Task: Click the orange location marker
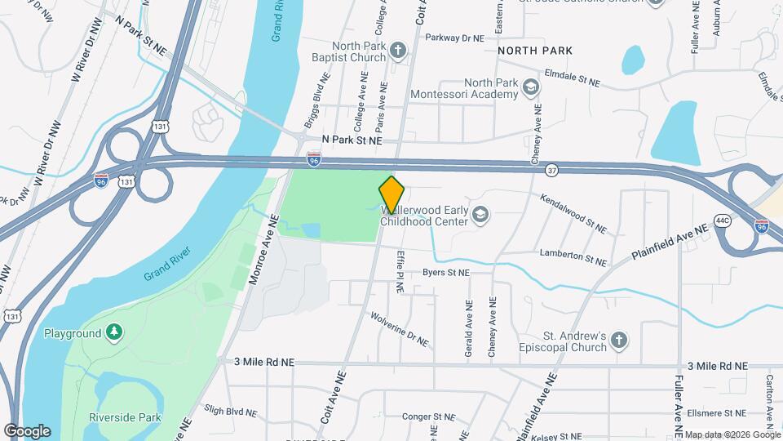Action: pyautogui.click(x=391, y=194)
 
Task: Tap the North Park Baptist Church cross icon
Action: pyautogui.click(x=397, y=51)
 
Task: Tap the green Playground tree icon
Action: pyautogui.click(x=115, y=332)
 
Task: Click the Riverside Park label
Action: pyautogui.click(x=126, y=417)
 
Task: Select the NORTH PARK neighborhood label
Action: pyautogui.click(x=534, y=51)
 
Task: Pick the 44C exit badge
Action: pyautogui.click(x=723, y=221)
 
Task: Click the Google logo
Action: pyautogui.click(x=27, y=430)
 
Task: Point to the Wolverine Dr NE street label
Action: pyautogui.click(x=400, y=329)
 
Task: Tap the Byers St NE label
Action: pyautogui.click(x=446, y=273)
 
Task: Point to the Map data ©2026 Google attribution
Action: pyautogui.click(x=731, y=434)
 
